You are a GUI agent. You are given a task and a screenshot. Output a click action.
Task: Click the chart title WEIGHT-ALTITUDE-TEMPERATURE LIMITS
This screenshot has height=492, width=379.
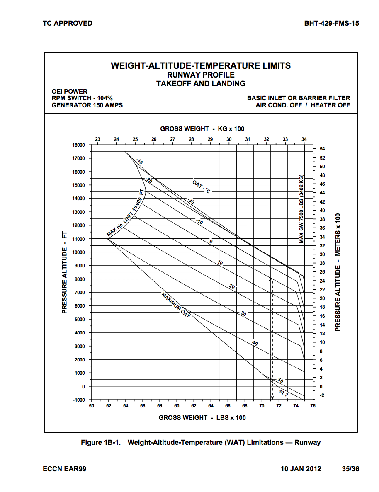tap(201, 66)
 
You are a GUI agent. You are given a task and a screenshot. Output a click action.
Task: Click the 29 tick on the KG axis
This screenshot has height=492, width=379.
tap(210, 139)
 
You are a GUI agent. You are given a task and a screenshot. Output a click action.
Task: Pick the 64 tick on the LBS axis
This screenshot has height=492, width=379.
tap(211, 406)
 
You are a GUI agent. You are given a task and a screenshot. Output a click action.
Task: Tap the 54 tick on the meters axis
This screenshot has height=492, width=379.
tap(322, 149)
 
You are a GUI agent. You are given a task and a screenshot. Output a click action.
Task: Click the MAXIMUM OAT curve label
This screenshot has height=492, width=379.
tap(175, 305)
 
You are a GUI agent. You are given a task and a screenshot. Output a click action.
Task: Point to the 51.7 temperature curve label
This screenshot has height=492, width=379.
tap(283, 392)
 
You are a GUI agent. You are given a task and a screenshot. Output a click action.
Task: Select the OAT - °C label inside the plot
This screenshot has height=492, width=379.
tap(202, 187)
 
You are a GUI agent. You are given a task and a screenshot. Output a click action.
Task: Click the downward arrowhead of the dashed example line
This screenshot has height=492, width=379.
tap(272, 397)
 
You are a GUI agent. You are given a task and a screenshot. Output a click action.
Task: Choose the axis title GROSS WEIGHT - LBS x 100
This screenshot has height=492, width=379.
tap(202, 418)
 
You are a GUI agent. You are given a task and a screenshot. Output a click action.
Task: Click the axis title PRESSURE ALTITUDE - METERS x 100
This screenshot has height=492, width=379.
tap(338, 272)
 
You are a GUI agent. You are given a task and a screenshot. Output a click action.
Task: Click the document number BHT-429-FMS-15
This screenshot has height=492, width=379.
tap(331, 23)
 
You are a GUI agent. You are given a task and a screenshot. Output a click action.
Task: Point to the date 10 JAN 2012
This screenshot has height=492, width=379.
tap(301, 469)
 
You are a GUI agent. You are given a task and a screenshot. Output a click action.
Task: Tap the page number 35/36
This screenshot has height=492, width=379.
tap(350, 469)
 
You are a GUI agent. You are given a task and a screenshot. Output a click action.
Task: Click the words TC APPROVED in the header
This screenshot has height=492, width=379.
tap(68, 23)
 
